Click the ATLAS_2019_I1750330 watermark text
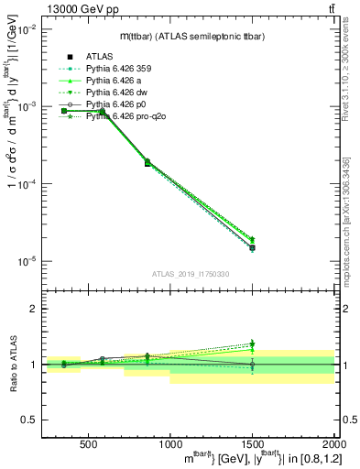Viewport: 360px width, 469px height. point(190,274)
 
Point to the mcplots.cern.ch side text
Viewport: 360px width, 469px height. point(351,220)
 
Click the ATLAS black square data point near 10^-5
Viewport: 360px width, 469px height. point(252,248)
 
